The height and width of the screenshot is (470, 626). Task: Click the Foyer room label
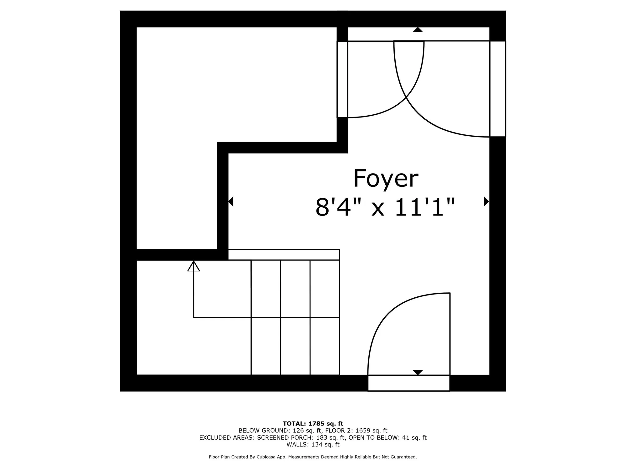[x=386, y=179]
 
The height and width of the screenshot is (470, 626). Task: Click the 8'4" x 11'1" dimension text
[x=385, y=207]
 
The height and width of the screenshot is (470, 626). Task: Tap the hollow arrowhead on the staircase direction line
[x=193, y=266]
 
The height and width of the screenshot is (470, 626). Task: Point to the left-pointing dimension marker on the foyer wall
[x=231, y=201]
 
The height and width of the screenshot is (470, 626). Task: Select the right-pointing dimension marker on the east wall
[x=486, y=201]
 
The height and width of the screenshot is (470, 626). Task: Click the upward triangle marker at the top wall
[x=418, y=30]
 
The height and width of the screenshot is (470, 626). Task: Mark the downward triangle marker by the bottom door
[x=418, y=372]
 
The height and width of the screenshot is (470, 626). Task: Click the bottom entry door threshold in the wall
[x=408, y=383]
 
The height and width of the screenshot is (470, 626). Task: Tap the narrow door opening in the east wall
[x=497, y=89]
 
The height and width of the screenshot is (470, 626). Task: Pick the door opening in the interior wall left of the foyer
[x=342, y=79]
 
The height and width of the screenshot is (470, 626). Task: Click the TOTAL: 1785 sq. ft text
[x=313, y=424]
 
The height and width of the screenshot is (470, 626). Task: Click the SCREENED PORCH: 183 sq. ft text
[x=301, y=437]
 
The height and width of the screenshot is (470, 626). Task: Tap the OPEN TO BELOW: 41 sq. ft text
[x=387, y=437]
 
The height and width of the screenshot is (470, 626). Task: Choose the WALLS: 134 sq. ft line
[x=313, y=444]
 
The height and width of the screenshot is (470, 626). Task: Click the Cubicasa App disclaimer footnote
[x=313, y=457]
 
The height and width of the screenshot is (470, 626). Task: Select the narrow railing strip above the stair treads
[x=284, y=254]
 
